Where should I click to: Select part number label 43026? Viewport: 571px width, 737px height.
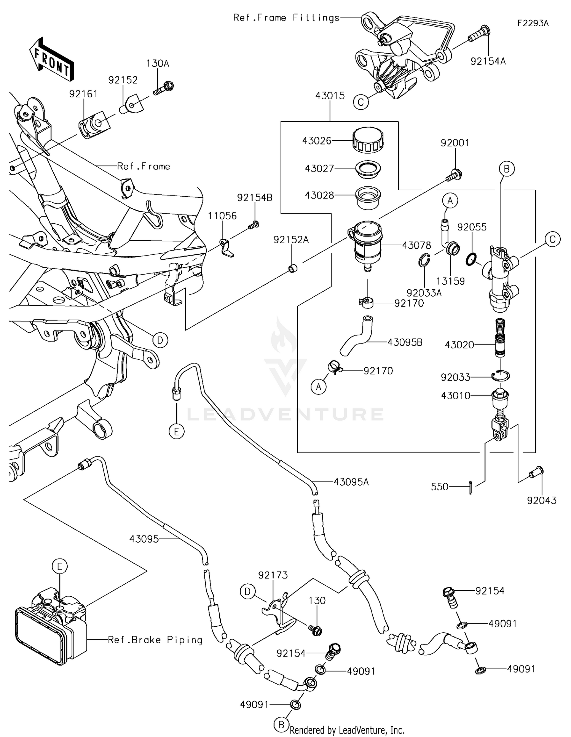[317, 141]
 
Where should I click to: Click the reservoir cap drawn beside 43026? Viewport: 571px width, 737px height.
[368, 140]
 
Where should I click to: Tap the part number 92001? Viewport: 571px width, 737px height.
[455, 143]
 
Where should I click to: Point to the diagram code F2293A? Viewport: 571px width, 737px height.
[533, 23]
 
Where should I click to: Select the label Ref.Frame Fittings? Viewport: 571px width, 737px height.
[286, 17]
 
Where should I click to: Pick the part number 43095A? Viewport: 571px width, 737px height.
[351, 482]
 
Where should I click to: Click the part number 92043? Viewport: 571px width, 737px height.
[541, 500]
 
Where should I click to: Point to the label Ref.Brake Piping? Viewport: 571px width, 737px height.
[155, 640]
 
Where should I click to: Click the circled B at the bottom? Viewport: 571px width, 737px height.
[281, 725]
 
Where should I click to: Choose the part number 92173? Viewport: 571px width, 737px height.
[273, 575]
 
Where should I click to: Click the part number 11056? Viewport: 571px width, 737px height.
[222, 216]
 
